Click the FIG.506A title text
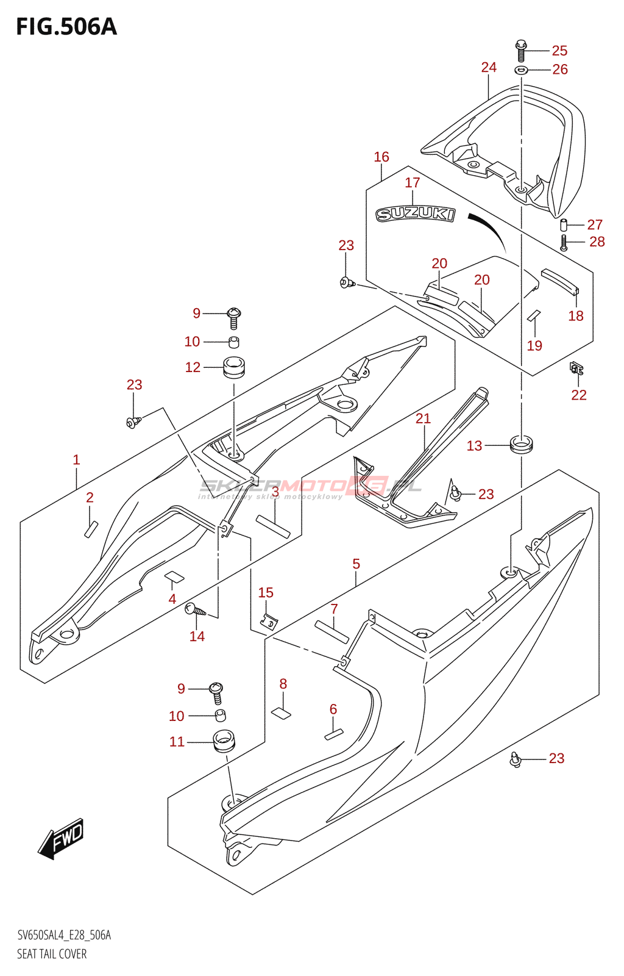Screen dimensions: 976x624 [x=66, y=27]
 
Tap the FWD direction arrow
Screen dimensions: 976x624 [x=62, y=838]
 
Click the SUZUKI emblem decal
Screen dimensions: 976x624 [x=415, y=213]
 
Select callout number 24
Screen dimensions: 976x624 [x=489, y=67]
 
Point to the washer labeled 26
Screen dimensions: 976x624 [x=521, y=70]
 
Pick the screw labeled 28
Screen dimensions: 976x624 [x=564, y=243]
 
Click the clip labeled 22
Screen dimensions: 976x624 [x=576, y=368]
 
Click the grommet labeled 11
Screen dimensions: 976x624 [x=224, y=741]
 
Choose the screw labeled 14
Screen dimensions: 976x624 [x=196, y=609]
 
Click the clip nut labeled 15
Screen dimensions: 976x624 [x=268, y=622]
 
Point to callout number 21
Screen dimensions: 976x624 [x=423, y=418]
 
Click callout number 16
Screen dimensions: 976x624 [x=381, y=157]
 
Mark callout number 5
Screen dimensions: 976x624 [x=356, y=564]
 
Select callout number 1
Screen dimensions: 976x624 [x=76, y=459]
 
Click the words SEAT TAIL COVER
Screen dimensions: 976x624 [x=52, y=954]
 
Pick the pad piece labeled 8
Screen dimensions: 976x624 [x=281, y=712]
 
